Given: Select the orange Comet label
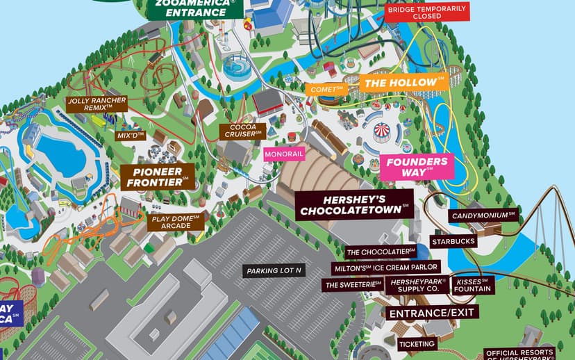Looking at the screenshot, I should point(326,90).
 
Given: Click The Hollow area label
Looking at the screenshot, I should point(403,83).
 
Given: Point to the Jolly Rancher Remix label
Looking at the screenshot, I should point(97,105).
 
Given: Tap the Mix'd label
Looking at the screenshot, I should point(130,135).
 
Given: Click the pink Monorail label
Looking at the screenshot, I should point(284,153).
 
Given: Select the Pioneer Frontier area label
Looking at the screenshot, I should point(157,177).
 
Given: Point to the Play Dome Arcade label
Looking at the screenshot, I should point(176,222).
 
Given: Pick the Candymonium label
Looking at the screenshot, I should point(483,216).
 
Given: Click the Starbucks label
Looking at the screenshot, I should point(453,241).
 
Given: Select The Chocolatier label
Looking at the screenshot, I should point(381,252).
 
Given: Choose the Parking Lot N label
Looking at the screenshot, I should point(274,271).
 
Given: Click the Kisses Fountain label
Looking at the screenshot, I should point(474,285).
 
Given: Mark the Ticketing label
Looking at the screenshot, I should point(417,343).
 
